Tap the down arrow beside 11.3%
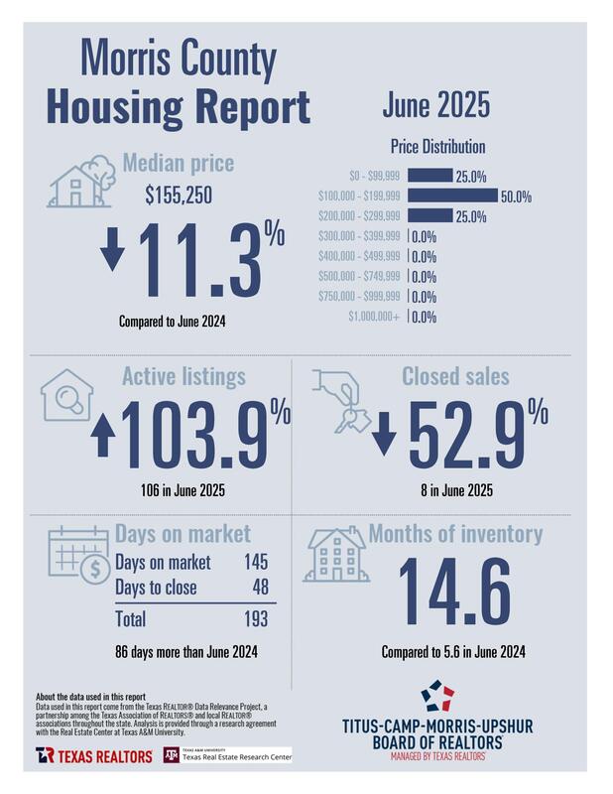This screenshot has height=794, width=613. pos(113,254)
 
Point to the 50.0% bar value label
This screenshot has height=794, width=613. pos(516,197)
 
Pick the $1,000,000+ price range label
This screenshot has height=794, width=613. pos(375,318)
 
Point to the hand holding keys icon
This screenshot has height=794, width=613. pos(340,399)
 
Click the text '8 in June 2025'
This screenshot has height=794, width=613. pos(455,490)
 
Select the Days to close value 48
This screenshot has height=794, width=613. pos(261,588)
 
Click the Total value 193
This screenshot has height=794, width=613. pos(257,619)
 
